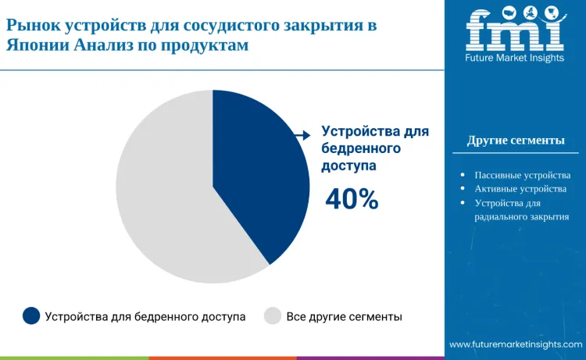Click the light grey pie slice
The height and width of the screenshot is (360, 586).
[x=164, y=203]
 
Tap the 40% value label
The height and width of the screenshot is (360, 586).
[x=352, y=200]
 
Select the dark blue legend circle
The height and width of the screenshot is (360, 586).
[x=31, y=316]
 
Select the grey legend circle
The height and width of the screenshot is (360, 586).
[x=273, y=316]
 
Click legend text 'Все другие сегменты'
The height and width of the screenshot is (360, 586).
[x=345, y=317]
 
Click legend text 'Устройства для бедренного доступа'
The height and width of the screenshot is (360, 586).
[x=145, y=317]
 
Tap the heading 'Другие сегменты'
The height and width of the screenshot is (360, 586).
[x=516, y=141]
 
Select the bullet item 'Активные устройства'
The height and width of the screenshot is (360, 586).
[x=520, y=189]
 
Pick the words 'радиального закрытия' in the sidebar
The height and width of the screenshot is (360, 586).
[x=522, y=217]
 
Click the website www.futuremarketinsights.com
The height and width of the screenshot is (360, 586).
[x=516, y=344]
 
